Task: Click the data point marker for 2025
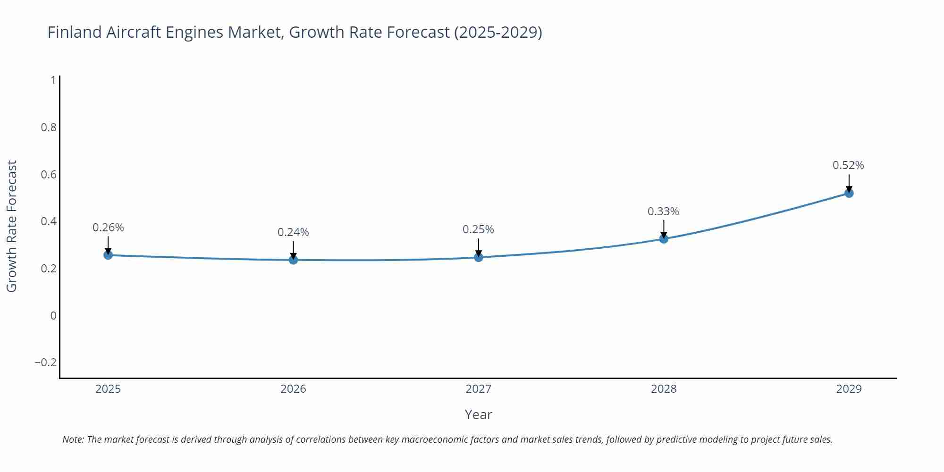pos(108,255)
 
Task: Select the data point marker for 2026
pos(293,260)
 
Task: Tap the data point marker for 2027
pos(479,257)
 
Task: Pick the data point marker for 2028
pos(664,239)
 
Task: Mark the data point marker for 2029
pos(849,193)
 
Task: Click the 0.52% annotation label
pos(848,165)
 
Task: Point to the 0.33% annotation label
pos(663,211)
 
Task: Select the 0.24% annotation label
pos(293,232)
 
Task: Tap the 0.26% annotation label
pos(108,228)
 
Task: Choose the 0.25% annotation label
pos(478,229)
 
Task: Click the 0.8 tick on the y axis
pos(49,127)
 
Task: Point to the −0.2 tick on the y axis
pos(46,362)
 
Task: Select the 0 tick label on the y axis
pos(53,315)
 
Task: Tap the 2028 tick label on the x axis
pos(664,389)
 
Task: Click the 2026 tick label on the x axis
pos(293,389)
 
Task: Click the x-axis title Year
pos(478,414)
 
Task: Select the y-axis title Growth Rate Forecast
pos(12,226)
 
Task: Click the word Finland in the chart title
pos(75,32)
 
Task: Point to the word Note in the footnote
pos(73,439)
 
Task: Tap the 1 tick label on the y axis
pos(53,80)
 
